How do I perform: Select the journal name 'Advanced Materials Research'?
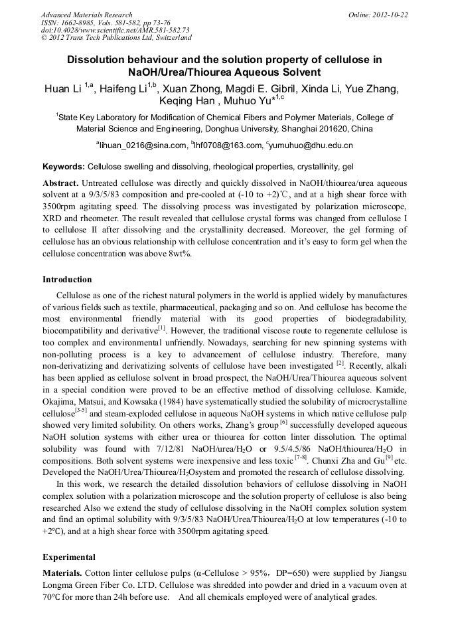click(x=86, y=14)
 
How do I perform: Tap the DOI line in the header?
click(x=115, y=30)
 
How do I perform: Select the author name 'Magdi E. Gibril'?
click(x=280, y=90)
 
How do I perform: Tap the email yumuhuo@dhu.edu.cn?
click(x=312, y=145)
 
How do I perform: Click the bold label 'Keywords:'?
click(x=64, y=166)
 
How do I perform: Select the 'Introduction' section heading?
click(x=67, y=280)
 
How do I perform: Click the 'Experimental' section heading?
click(x=69, y=557)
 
